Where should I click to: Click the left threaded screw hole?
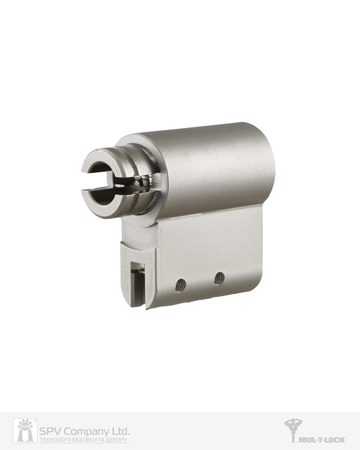[180, 286]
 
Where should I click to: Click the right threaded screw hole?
[219, 279]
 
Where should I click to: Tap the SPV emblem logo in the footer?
[25, 431]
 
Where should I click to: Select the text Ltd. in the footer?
[121, 431]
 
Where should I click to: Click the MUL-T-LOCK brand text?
[322, 440]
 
